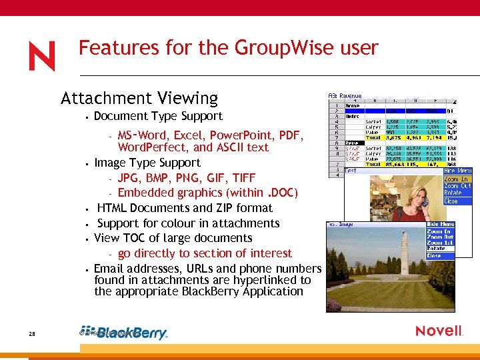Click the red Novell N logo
tap(41, 56)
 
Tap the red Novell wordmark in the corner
tap(439, 331)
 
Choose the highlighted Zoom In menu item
tap(457, 179)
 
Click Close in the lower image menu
tap(434, 255)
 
